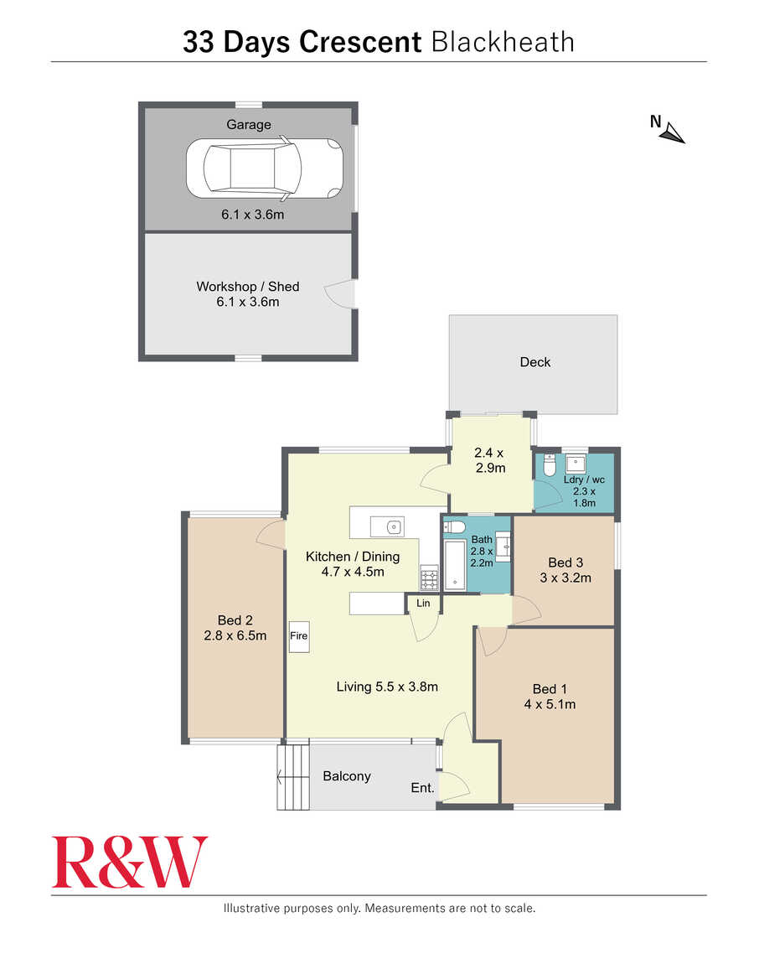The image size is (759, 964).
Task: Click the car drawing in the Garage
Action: point(264,168)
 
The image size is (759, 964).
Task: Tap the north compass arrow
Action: point(674,132)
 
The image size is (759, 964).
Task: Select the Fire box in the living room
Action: point(299,636)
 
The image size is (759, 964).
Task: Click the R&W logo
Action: point(129,862)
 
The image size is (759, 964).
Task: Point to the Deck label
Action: point(534,362)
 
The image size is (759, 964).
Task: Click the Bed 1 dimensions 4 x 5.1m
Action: point(550,704)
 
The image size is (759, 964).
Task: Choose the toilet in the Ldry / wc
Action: point(550,465)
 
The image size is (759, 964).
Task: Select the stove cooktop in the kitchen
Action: point(429,578)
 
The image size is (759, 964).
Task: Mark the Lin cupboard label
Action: point(423,603)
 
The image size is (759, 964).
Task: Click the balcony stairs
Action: point(293,777)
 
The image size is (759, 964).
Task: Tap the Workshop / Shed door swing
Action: point(340,294)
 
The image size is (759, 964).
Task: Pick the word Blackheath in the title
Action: point(503,43)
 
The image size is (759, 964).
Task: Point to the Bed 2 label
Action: point(235,620)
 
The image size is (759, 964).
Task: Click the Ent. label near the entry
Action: point(422,788)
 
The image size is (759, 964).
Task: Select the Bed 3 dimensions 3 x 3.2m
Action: point(565,578)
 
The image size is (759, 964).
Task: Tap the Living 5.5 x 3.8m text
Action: point(386,687)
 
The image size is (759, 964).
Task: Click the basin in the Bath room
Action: point(503,545)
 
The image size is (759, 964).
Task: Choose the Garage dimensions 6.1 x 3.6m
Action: point(253,215)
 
